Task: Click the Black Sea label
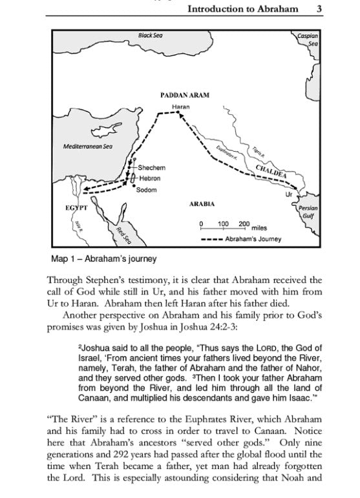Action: (x=150, y=34)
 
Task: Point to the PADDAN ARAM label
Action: (x=185, y=95)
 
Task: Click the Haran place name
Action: (x=180, y=105)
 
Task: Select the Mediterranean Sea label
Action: (x=87, y=147)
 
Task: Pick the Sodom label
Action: (x=147, y=190)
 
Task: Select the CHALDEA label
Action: (x=271, y=171)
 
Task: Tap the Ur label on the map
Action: (x=290, y=193)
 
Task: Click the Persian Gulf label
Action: (x=307, y=213)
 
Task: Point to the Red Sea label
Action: (x=123, y=235)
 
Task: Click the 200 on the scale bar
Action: (x=243, y=224)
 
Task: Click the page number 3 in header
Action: (x=320, y=9)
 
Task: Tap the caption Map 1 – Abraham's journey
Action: (x=103, y=260)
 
